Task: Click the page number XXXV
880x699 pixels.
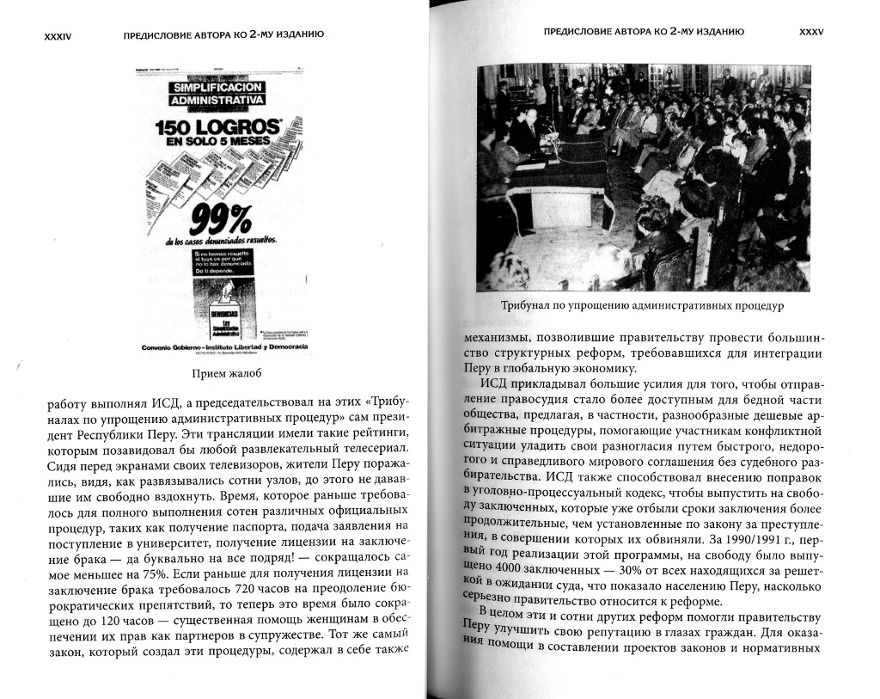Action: coord(811,31)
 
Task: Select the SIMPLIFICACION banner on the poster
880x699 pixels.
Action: coord(218,88)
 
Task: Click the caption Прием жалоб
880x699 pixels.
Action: coord(223,372)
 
